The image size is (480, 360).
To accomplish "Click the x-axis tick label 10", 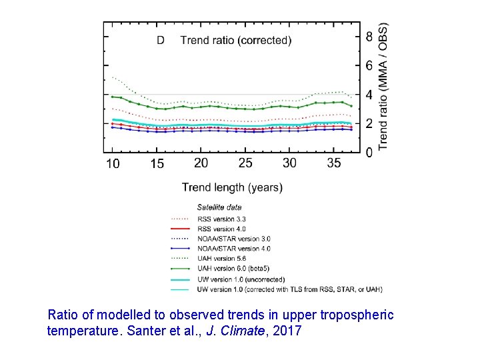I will pyautogui.click(x=113, y=164).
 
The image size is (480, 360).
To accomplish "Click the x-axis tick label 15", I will pyautogui.click(x=157, y=164).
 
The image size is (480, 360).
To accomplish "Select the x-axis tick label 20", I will pyautogui.click(x=201, y=163).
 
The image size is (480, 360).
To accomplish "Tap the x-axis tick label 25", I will pyautogui.click(x=245, y=163).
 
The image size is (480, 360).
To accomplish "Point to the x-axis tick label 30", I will pyautogui.click(x=289, y=163).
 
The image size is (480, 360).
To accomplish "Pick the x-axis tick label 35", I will pyautogui.click(x=333, y=163).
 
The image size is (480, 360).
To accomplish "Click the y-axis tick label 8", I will pyautogui.click(x=369, y=37).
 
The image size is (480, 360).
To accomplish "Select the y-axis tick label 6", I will pyautogui.click(x=369, y=65).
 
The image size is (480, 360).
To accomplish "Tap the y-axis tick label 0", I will pyautogui.click(x=369, y=153).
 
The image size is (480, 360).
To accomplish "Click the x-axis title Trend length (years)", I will pyautogui.click(x=232, y=188).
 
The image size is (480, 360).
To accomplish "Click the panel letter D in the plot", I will pyautogui.click(x=161, y=40).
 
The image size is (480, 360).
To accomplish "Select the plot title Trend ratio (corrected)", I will pyautogui.click(x=235, y=40).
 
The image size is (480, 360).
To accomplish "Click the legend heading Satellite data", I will pyautogui.click(x=219, y=207).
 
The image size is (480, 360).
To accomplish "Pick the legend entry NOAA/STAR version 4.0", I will pyautogui.click(x=233, y=249).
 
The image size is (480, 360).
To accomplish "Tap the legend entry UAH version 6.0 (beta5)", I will pyautogui.click(x=234, y=269).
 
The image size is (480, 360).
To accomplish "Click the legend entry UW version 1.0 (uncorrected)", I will pyautogui.click(x=241, y=279).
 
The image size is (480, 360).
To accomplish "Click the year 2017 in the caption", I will pyautogui.click(x=287, y=330).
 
